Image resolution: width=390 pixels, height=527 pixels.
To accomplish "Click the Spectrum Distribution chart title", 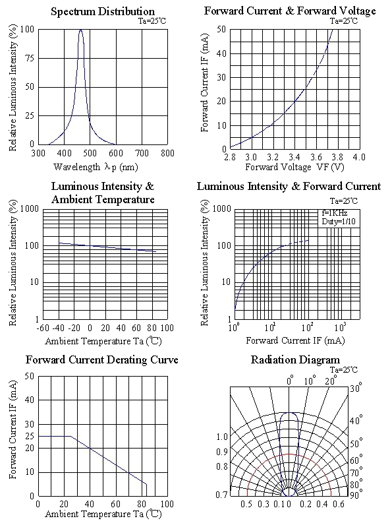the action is [103, 11].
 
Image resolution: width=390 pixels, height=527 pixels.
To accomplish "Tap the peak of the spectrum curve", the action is [80, 30].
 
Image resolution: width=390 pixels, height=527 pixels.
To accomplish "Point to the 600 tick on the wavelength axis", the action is [116, 153].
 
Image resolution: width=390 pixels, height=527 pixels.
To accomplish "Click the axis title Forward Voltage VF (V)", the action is [294, 167].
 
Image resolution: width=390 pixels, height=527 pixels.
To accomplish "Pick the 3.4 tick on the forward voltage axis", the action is [294, 157].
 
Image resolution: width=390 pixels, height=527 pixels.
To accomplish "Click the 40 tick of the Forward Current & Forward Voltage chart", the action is [221, 53].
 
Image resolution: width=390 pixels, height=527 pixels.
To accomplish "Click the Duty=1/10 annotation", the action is [339, 222].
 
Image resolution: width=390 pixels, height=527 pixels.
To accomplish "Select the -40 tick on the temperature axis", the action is [59, 328].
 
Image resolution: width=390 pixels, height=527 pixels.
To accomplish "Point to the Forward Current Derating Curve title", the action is [102, 360].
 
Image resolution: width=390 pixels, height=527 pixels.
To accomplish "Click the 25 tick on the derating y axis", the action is [30, 436].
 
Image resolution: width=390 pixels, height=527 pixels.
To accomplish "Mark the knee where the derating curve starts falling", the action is [70, 436].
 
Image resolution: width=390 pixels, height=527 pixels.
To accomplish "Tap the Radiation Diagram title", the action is [295, 360].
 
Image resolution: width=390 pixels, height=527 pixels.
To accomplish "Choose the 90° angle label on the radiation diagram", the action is [356, 495].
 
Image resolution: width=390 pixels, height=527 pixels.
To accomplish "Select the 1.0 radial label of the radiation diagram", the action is [221, 437].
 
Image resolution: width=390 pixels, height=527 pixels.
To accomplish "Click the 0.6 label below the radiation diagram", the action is [339, 504].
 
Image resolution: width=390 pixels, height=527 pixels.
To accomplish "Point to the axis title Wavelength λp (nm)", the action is [96, 167].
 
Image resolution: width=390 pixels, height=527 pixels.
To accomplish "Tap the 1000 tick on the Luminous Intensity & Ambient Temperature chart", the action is [30, 208].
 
